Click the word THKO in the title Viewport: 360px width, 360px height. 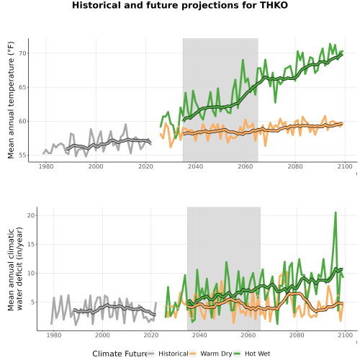pyautogui.click(x=274, y=5)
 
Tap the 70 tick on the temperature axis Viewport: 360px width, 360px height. pyautogui.click(x=23, y=53)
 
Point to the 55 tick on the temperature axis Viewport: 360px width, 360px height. pyautogui.click(x=23, y=156)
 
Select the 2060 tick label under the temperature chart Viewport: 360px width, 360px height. pyautogui.click(x=246, y=166)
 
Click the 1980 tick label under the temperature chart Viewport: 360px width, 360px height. pyautogui.click(x=46, y=166)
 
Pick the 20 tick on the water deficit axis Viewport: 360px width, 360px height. pyautogui.click(x=32, y=215)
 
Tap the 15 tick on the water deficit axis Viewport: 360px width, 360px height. pyautogui.click(x=32, y=244)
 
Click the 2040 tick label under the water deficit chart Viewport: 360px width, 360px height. pyautogui.click(x=199, y=335)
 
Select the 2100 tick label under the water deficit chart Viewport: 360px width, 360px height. pyautogui.click(x=345, y=335)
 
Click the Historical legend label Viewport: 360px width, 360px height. pyautogui.click(x=174, y=354)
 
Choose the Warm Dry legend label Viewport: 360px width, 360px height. pyautogui.click(x=216, y=354)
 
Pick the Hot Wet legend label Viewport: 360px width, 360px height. pyautogui.click(x=257, y=354)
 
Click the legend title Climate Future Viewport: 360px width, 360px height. pyautogui.click(x=120, y=354)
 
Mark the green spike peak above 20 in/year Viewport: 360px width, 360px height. pyautogui.click(x=336, y=212)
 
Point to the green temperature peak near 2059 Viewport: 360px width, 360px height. pyautogui.click(x=243, y=60)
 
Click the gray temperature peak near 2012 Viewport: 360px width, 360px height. pyautogui.click(x=126, y=125)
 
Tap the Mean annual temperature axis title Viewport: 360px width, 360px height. pyautogui.click(x=11, y=100)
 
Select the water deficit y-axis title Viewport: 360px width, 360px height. pyautogui.click(x=15, y=269)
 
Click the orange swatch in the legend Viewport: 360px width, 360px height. pyautogui.click(x=193, y=354)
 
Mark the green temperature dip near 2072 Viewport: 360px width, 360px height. pyautogui.click(x=275, y=103)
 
